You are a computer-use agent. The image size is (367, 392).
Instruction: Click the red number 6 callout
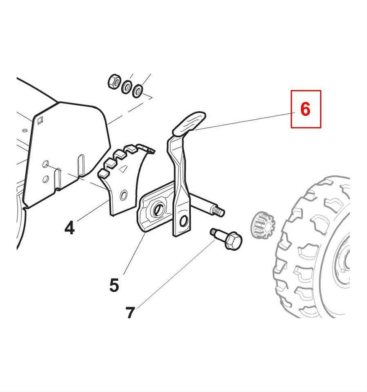[x=305, y=109]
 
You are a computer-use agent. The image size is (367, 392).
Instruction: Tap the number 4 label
[x=70, y=228]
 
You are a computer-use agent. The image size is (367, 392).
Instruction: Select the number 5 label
[x=114, y=285]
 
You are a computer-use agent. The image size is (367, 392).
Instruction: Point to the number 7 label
[x=130, y=312]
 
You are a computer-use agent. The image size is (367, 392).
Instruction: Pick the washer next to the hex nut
[x=127, y=87]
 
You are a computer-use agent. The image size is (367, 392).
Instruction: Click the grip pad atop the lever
[x=189, y=123]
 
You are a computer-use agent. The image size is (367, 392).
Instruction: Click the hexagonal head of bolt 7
[x=233, y=241]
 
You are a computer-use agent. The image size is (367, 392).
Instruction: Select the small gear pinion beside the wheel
[x=262, y=224]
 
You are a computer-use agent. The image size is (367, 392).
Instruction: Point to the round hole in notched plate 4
[x=124, y=195]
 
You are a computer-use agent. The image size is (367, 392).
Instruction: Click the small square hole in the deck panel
[x=40, y=121]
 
